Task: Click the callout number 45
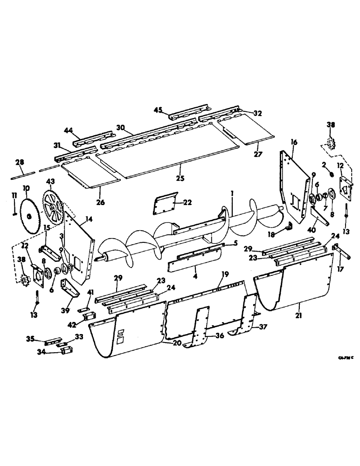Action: [158, 110]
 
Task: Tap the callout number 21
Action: [298, 316]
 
